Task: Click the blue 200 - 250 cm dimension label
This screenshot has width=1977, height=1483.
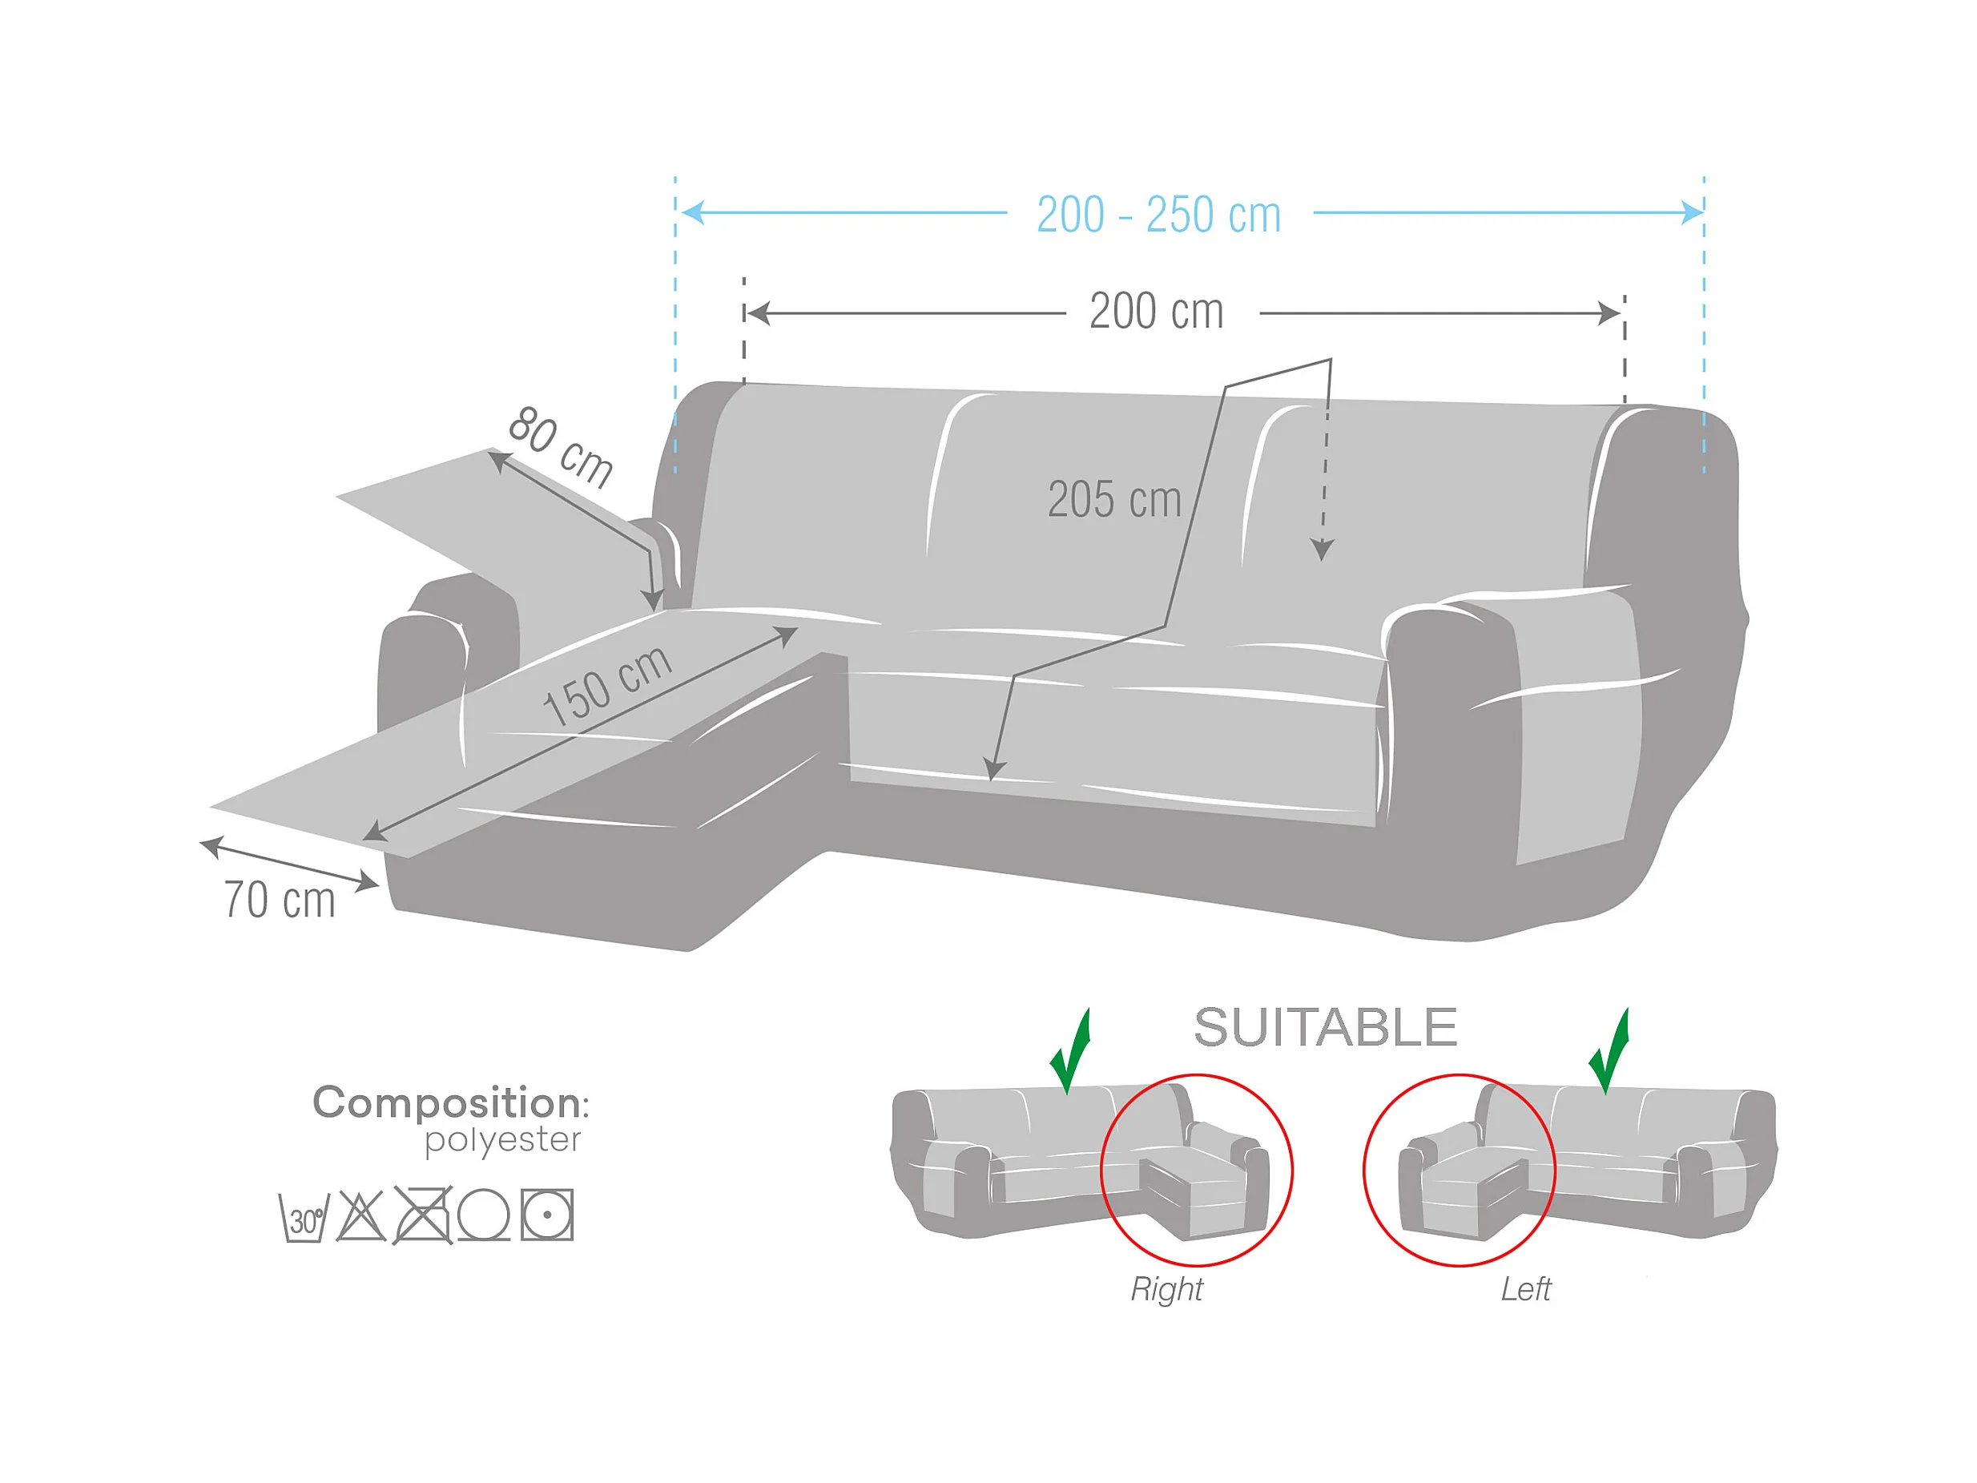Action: (1158, 216)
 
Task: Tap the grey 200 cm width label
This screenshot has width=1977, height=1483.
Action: (1157, 312)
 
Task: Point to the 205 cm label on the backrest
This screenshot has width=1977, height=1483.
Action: (1113, 500)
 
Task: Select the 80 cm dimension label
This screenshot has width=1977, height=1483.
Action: (561, 447)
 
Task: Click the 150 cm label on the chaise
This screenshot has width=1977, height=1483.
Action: (607, 686)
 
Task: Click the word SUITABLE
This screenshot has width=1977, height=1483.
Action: (1326, 1028)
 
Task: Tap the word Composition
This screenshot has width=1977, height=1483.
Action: (446, 1103)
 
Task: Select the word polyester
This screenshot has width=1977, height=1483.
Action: (502, 1141)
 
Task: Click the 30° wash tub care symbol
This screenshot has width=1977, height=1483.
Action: (304, 1218)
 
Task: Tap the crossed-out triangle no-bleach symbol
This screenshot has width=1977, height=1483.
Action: (361, 1215)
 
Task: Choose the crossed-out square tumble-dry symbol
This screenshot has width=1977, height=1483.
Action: (423, 1215)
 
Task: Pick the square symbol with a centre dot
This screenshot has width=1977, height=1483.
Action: (547, 1215)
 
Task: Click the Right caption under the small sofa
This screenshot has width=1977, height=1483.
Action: (1166, 1289)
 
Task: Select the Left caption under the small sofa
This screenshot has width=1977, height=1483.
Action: (1526, 1289)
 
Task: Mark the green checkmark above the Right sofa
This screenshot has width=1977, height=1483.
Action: (1072, 1051)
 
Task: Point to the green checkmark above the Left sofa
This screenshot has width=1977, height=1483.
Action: (1609, 1051)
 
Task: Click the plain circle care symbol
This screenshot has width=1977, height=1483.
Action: (484, 1215)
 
